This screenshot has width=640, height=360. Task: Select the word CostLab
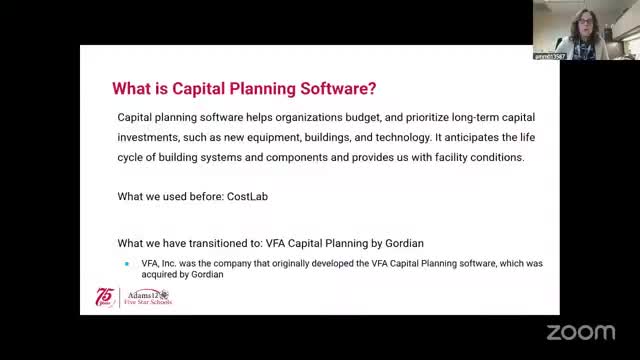(x=247, y=196)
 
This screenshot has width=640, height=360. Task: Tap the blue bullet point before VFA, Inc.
(x=127, y=264)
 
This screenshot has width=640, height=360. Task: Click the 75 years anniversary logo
(x=105, y=297)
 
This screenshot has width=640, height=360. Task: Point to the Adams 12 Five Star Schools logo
(x=148, y=298)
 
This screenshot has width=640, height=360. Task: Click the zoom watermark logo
(x=580, y=332)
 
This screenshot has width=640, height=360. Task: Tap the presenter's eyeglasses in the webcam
(x=585, y=21)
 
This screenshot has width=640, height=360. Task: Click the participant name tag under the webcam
(x=549, y=57)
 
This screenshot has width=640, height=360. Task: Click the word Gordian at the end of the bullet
(x=207, y=274)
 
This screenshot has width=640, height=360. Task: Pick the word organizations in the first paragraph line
(x=309, y=118)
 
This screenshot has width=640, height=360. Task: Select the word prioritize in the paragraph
(x=427, y=118)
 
